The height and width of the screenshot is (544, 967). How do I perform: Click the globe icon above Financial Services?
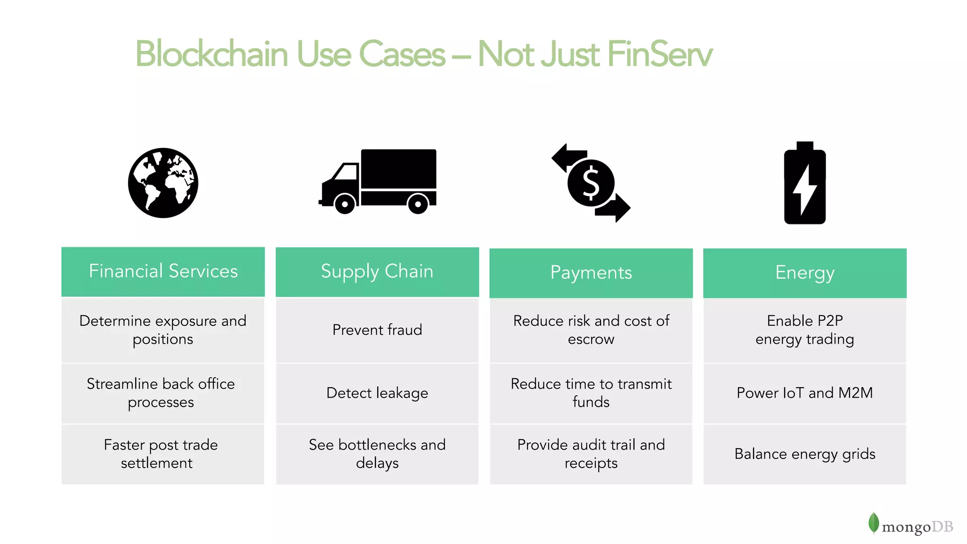click(x=163, y=183)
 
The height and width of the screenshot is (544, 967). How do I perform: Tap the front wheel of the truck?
click(x=345, y=204)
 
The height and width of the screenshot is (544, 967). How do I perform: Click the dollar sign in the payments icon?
click(x=591, y=183)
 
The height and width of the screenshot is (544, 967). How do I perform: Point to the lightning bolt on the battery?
click(x=805, y=189)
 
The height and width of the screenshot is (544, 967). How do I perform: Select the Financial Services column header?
click(x=163, y=272)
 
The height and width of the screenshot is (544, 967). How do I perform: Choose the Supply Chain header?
click(x=377, y=272)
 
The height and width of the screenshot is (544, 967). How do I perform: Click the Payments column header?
click(x=591, y=273)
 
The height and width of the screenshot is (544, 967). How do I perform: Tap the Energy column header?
click(x=805, y=273)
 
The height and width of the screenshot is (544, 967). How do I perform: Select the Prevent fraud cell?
click(x=377, y=330)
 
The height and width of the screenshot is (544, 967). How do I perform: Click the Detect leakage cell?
click(x=377, y=393)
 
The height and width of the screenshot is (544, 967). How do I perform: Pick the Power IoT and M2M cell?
click(x=805, y=393)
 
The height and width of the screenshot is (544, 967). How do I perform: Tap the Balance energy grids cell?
click(x=805, y=454)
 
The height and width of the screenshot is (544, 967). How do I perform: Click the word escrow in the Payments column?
click(x=591, y=339)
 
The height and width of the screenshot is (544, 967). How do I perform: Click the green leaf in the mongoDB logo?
click(x=874, y=523)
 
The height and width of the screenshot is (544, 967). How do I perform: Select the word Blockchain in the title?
click(x=212, y=54)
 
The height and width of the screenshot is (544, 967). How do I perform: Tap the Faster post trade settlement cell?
click(x=161, y=454)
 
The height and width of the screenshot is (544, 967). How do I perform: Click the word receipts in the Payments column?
click(x=591, y=463)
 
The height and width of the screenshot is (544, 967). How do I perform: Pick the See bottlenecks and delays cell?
click(x=377, y=454)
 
